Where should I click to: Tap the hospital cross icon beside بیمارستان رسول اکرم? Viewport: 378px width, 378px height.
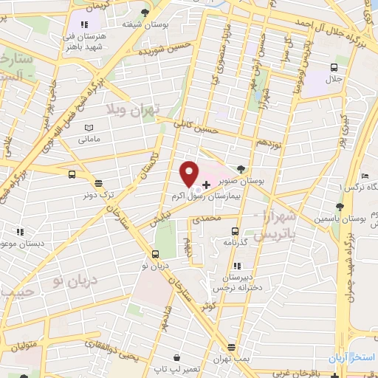point(205,182)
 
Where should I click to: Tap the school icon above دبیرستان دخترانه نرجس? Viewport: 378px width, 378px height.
point(237,265)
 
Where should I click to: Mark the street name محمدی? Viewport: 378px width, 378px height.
point(206,219)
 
